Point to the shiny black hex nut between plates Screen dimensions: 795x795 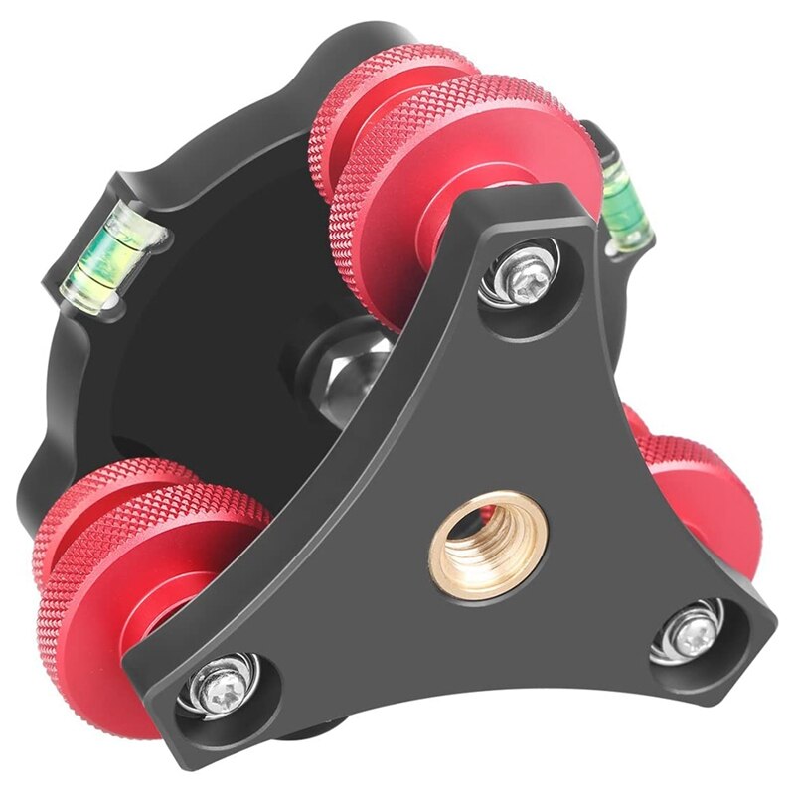point(334,364)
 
